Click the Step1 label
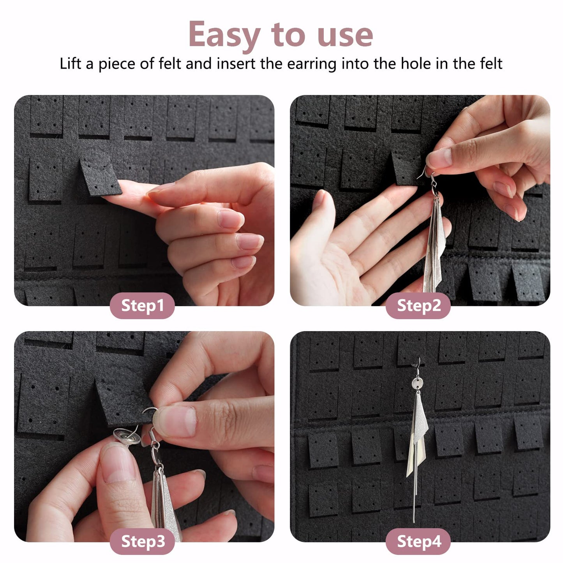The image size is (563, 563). (142, 305)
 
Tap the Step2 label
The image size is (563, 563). (418, 305)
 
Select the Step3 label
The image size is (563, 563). (142, 542)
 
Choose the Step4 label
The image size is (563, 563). (418, 542)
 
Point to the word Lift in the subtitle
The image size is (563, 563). (71, 64)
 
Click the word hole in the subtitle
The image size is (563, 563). (416, 64)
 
